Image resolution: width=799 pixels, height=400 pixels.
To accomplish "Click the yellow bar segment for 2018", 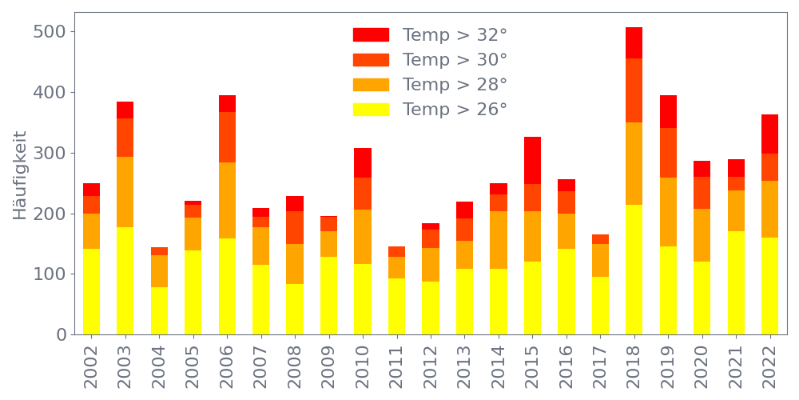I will click(634, 270).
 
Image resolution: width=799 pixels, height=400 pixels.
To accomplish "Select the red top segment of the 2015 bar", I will click(533, 161).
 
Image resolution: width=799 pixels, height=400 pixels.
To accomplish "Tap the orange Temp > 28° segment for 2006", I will click(227, 200).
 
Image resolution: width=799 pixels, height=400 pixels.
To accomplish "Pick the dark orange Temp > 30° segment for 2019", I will click(668, 153).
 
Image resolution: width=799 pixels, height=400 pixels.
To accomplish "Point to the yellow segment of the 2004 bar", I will click(159, 310).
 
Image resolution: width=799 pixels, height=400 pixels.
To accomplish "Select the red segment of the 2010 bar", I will click(363, 162).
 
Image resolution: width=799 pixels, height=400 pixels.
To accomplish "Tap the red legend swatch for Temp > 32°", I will click(371, 35).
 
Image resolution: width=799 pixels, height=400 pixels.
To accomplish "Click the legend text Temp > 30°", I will click(455, 60).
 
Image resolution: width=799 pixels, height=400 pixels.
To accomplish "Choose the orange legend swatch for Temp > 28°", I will click(371, 85).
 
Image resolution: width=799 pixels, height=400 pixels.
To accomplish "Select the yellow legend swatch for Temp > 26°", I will click(371, 110).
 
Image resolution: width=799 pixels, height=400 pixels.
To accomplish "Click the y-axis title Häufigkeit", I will click(21, 175).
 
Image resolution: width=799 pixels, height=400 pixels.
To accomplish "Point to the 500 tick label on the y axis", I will click(49, 32).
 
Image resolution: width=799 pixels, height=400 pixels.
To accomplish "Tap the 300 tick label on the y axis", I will click(49, 153).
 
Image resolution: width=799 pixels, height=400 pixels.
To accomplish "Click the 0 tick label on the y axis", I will click(62, 334).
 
